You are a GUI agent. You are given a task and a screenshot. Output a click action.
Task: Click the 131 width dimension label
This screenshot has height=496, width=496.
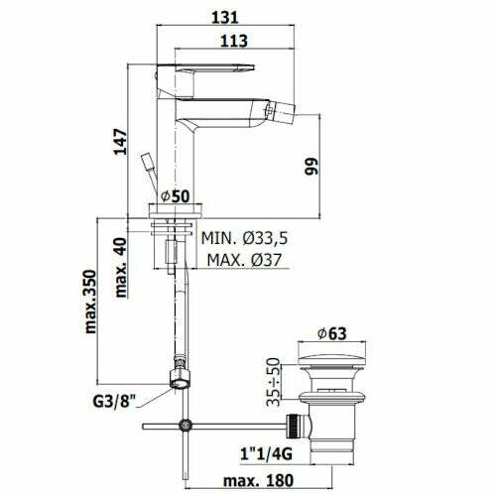tap(225, 17)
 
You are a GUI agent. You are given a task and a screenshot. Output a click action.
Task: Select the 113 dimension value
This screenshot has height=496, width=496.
tap(234, 41)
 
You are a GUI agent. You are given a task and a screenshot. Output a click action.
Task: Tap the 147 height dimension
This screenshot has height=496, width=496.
tap(120, 142)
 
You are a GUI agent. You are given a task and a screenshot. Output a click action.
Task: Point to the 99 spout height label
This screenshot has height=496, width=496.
tap(311, 167)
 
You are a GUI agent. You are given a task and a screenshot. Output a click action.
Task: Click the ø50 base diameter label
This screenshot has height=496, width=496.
tap(176, 196)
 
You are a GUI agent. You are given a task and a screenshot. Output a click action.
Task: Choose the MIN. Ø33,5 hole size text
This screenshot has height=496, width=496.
tap(244, 238)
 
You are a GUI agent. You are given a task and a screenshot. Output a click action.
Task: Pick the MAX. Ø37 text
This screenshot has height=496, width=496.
tap(244, 260)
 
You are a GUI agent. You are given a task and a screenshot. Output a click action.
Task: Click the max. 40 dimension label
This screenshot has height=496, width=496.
tap(121, 268)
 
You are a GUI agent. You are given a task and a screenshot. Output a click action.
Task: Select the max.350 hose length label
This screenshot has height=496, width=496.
tap(90, 302)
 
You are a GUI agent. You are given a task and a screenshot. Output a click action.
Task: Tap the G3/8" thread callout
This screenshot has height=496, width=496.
tap(114, 402)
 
